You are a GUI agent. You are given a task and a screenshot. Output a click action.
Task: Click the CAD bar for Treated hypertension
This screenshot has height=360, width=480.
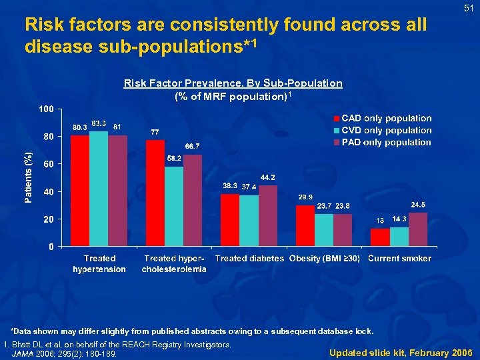(x=80, y=191)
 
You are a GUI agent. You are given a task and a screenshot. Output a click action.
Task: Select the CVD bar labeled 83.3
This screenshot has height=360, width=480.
(x=99, y=189)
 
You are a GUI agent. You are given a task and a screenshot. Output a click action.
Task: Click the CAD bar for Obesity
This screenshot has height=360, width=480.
(x=305, y=225)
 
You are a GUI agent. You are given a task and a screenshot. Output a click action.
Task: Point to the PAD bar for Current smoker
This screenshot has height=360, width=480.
(x=418, y=229)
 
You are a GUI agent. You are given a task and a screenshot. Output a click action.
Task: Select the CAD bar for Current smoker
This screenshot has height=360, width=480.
(x=380, y=237)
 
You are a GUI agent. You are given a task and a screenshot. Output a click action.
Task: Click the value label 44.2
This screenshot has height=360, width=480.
(x=267, y=177)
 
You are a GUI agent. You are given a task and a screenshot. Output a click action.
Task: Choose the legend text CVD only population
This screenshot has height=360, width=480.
(x=387, y=131)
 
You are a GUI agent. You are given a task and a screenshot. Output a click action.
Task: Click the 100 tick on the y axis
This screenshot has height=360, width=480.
(x=45, y=109)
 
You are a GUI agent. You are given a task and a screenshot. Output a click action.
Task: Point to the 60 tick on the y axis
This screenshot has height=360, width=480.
(x=48, y=164)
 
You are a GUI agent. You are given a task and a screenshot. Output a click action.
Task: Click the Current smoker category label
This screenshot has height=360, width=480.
(x=399, y=259)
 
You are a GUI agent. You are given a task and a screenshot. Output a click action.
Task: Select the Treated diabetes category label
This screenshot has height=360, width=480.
(x=249, y=259)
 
